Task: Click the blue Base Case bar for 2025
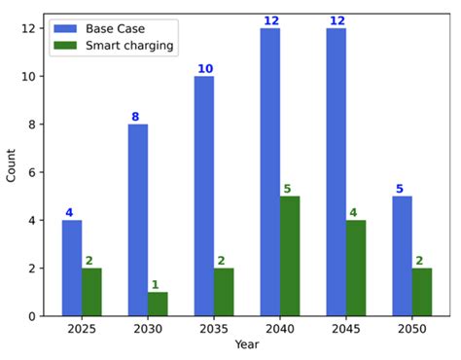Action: (72, 268)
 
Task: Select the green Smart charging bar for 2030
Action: (158, 304)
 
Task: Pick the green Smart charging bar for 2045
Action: (356, 268)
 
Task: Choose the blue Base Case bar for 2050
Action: (402, 256)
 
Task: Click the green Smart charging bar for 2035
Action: (224, 292)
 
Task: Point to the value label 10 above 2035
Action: (204, 69)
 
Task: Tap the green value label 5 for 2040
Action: (288, 189)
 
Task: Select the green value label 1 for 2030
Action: (154, 285)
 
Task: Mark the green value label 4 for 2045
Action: (353, 213)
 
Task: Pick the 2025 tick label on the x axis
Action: (82, 329)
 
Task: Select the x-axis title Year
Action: (246, 345)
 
